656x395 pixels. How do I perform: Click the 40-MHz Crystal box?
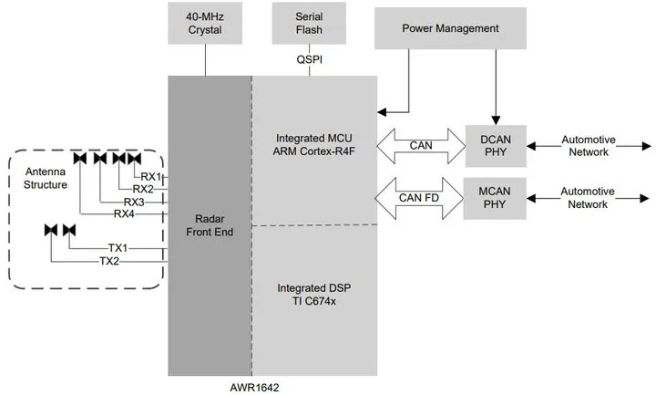206,23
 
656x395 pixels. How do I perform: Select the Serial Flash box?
310,23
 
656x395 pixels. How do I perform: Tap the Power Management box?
450,29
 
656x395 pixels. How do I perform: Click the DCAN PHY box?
495,145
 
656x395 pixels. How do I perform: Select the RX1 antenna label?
151,176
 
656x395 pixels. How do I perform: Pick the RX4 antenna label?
124,214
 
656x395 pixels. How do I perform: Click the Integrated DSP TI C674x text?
313,295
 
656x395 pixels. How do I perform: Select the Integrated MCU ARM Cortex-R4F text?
313,145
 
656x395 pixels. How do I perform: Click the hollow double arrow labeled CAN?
419,145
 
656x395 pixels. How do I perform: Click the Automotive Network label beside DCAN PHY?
588,145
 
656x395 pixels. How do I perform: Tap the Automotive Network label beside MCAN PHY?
588,198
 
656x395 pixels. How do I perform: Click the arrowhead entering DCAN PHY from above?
496,118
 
